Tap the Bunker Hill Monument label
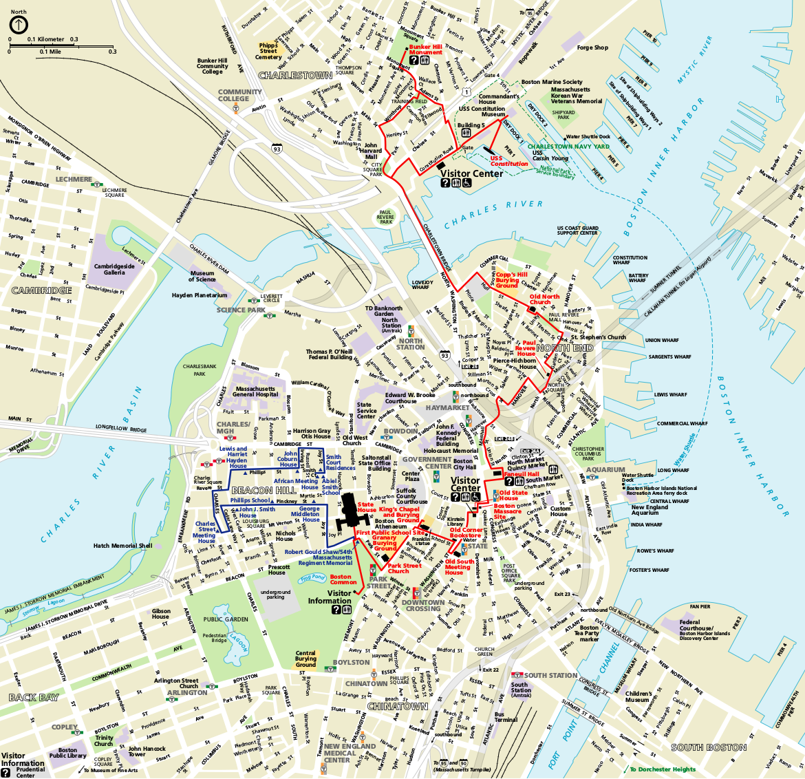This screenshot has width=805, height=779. pos(425,50)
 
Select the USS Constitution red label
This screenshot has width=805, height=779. pos(509,161)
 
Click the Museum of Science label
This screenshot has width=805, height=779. pos(202,277)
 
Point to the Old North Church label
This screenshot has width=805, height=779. pos(544,299)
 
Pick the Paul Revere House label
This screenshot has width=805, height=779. pos(528,348)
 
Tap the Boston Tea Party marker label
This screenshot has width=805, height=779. pos(589,633)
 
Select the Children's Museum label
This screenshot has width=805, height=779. pos(638,696)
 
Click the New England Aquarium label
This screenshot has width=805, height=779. pos(650,510)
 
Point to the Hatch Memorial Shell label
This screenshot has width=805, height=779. pos(123,546)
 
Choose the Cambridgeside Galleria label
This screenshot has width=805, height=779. pos(114,269)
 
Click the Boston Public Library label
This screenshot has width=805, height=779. pos(67,753)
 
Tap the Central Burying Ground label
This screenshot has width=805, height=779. pos(305,659)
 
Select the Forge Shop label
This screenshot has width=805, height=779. pos(592,47)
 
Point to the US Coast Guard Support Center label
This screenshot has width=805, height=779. pos(577,231)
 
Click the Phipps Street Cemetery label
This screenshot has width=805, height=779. pos(268,51)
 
